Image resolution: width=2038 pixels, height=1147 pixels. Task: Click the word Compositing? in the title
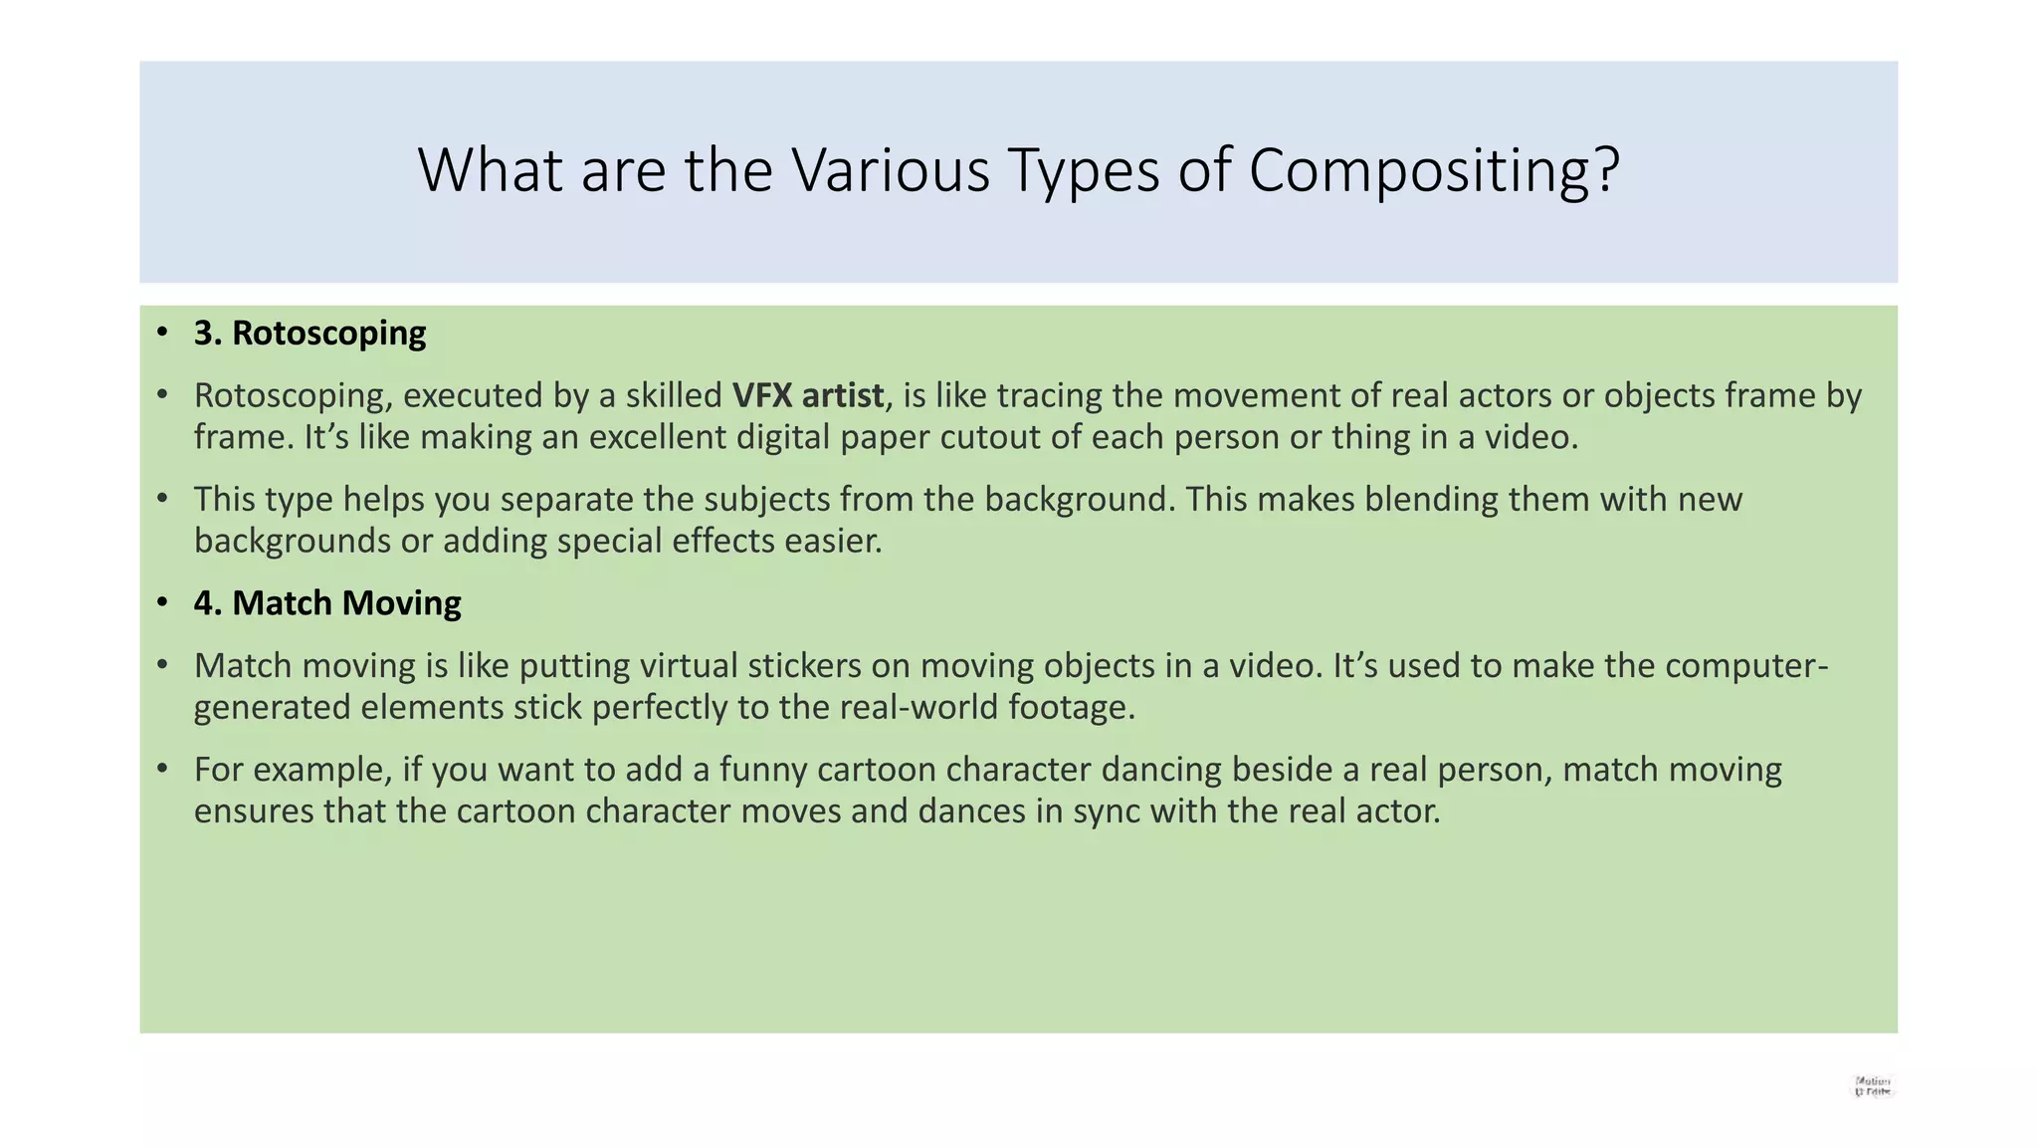[x=1434, y=171]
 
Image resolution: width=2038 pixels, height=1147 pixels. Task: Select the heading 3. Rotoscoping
[x=309, y=333]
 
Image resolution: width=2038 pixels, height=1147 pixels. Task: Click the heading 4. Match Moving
[x=327, y=603]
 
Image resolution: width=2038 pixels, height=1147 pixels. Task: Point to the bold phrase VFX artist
[x=808, y=395]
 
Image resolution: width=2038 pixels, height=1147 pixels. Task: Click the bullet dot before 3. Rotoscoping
[x=162, y=333]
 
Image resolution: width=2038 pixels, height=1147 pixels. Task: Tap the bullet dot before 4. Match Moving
[x=162, y=603]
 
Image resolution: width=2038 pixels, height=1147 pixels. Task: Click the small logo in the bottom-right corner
[x=1872, y=1086]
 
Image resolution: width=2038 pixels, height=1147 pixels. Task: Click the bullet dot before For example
[x=162, y=770]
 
